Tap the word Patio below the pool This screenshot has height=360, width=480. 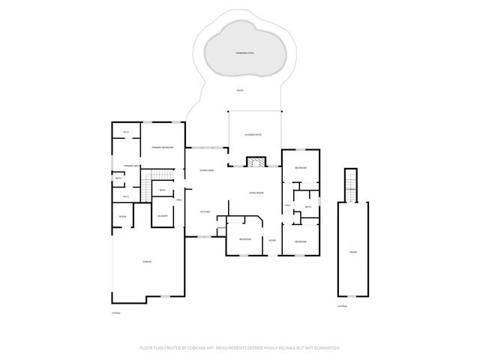(x=240, y=91)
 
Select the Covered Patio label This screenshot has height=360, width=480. (x=253, y=134)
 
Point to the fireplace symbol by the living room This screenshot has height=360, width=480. (x=256, y=161)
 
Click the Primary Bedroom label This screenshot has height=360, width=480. (x=163, y=148)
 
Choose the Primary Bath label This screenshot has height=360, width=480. (x=122, y=166)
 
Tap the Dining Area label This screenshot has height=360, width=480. (x=207, y=171)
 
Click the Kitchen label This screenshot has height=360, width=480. (x=204, y=212)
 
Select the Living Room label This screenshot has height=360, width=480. (x=256, y=193)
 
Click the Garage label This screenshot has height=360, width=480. (x=147, y=261)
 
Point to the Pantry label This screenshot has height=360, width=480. (x=222, y=228)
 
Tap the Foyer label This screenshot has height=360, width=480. (x=271, y=240)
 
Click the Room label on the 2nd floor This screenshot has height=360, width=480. (x=352, y=252)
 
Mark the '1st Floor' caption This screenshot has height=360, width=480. (x=116, y=312)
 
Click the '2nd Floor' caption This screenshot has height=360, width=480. (x=343, y=306)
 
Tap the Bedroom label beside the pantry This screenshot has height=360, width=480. (x=245, y=238)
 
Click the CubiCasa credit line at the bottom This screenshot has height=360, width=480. (x=240, y=348)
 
